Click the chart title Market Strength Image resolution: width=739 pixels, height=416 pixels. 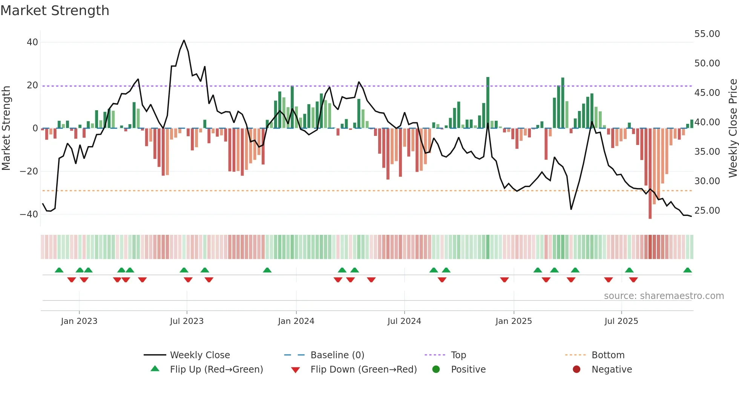tap(55, 11)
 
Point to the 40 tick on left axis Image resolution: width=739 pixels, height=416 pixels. tap(32, 42)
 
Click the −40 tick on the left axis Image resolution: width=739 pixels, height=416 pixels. tap(29, 214)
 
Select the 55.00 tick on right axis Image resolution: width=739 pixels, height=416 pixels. tap(707, 34)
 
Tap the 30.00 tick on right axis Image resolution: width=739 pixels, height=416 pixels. tap(707, 181)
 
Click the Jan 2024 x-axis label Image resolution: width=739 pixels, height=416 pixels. tap(296, 321)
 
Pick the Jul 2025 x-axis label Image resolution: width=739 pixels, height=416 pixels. tap(621, 321)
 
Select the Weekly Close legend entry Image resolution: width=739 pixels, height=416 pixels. tap(199, 355)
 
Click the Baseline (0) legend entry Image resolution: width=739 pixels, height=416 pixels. tap(337, 355)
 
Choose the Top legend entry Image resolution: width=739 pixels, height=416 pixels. tap(458, 355)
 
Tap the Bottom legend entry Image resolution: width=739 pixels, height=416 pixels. tap(608, 355)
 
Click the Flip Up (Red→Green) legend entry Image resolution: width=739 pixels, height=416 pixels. tap(216, 370)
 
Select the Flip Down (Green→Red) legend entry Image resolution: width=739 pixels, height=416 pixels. tap(363, 370)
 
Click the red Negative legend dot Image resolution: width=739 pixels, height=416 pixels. tap(576, 370)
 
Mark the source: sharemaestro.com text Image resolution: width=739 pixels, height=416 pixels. tap(664, 296)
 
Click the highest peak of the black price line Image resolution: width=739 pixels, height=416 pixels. tap(184, 40)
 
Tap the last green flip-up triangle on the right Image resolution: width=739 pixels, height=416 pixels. tap(687, 270)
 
